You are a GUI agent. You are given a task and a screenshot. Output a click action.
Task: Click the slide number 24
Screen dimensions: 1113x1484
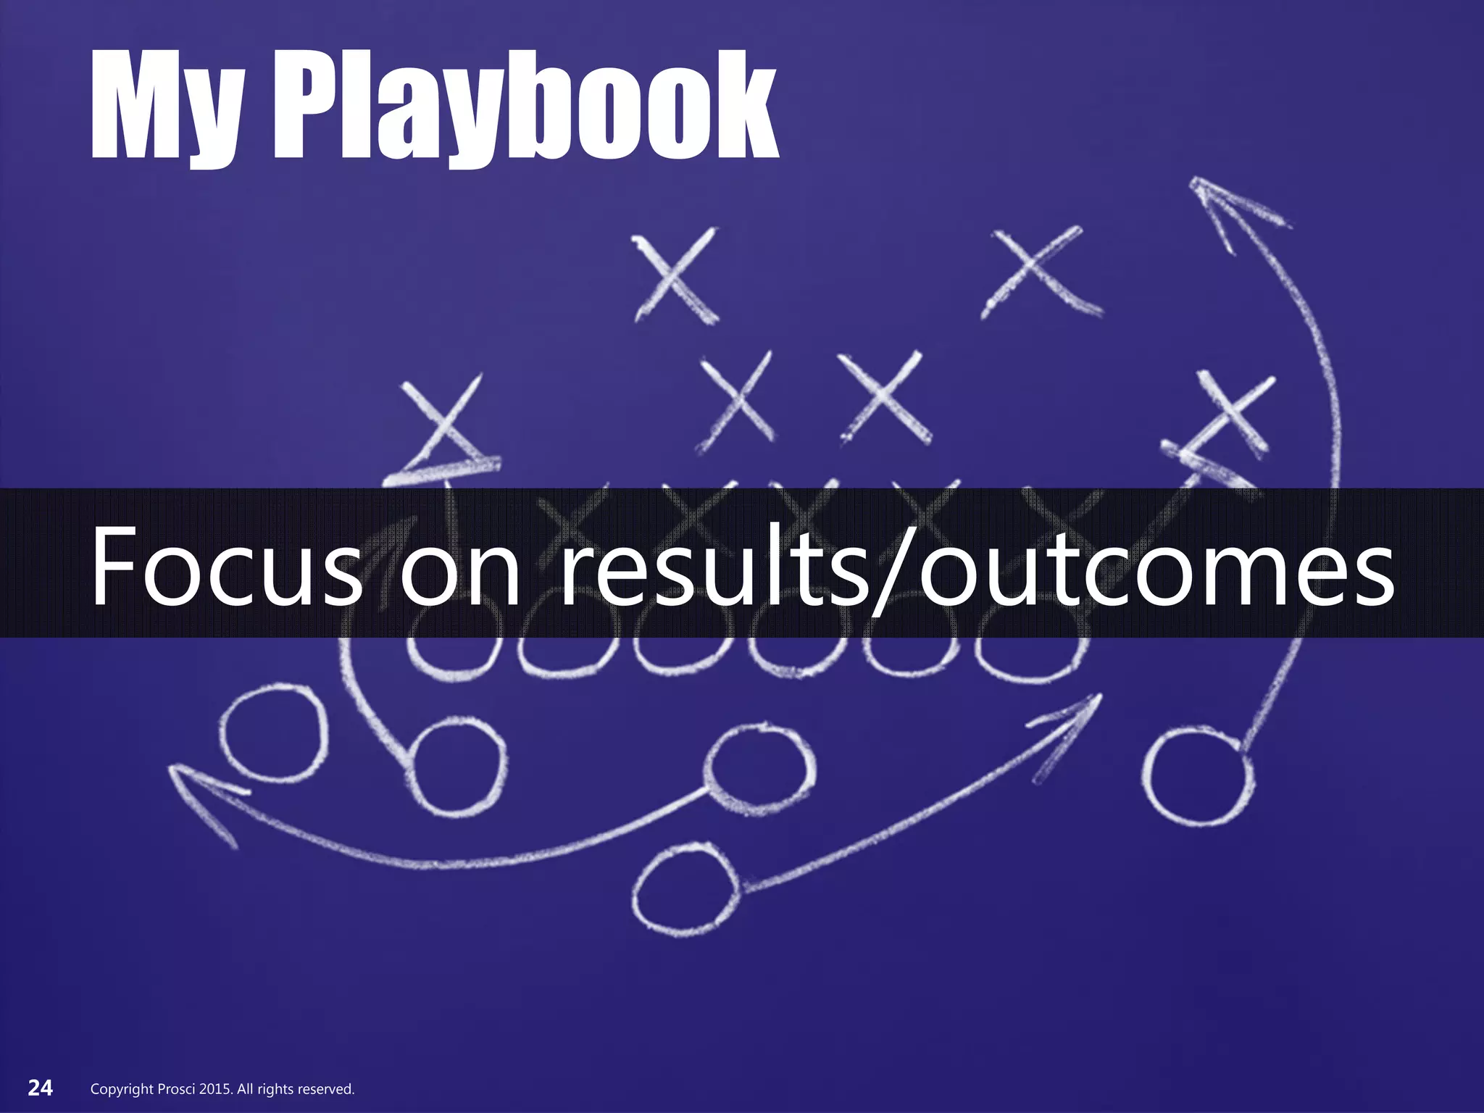[41, 1088]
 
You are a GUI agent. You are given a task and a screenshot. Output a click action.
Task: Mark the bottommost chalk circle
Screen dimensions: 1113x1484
[685, 888]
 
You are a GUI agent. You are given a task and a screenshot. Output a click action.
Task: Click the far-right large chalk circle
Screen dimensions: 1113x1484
[1198, 778]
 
